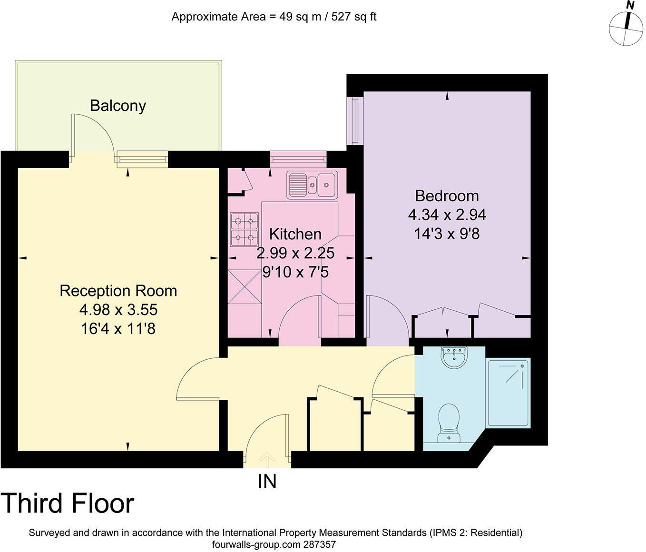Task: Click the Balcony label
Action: pyautogui.click(x=117, y=106)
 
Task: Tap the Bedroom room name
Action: pyautogui.click(x=447, y=196)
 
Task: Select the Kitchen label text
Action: pyautogui.click(x=295, y=234)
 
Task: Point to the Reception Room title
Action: pyautogui.click(x=118, y=291)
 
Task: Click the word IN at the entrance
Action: pyautogui.click(x=267, y=482)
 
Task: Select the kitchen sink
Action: pyautogui.click(x=312, y=185)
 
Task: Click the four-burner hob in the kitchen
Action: pyautogui.click(x=245, y=229)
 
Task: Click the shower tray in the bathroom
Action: pyautogui.click(x=508, y=393)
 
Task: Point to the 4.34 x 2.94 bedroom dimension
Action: pyautogui.click(x=447, y=215)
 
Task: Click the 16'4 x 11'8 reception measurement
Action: pyautogui.click(x=118, y=329)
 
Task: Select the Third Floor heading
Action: pyautogui.click(x=68, y=503)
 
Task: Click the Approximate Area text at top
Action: pyautogui.click(x=274, y=17)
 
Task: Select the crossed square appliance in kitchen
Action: pyautogui.click(x=245, y=286)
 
